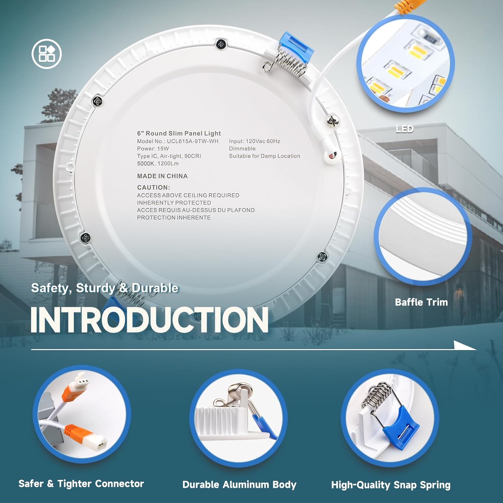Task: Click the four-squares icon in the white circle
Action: click(x=47, y=54)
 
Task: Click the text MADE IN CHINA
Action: click(x=162, y=176)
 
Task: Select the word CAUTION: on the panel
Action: click(x=154, y=187)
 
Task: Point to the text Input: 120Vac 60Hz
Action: click(x=255, y=141)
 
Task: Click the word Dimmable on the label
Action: click(x=242, y=149)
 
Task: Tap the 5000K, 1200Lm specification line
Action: click(x=158, y=164)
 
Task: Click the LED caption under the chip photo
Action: click(x=405, y=129)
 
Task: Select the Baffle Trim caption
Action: click(x=421, y=302)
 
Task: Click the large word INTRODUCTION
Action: click(x=150, y=320)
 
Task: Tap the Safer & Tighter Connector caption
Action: click(x=81, y=484)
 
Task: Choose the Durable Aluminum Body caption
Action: click(x=239, y=485)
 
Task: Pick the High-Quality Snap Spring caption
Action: click(x=391, y=485)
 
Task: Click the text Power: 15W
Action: click(x=153, y=149)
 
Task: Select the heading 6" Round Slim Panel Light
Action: click(x=179, y=133)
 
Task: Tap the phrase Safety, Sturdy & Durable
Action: click(x=105, y=288)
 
